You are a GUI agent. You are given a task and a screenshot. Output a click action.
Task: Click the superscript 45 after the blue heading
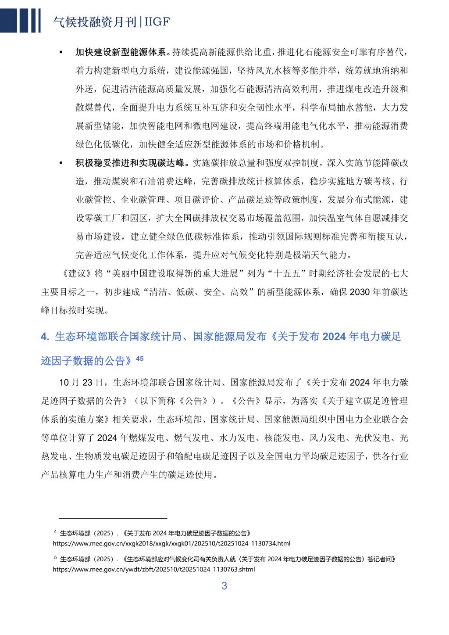(x=139, y=358)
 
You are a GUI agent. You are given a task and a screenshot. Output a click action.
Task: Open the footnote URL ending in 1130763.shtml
(x=153, y=569)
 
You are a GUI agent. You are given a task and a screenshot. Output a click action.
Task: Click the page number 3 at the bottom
(x=224, y=586)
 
